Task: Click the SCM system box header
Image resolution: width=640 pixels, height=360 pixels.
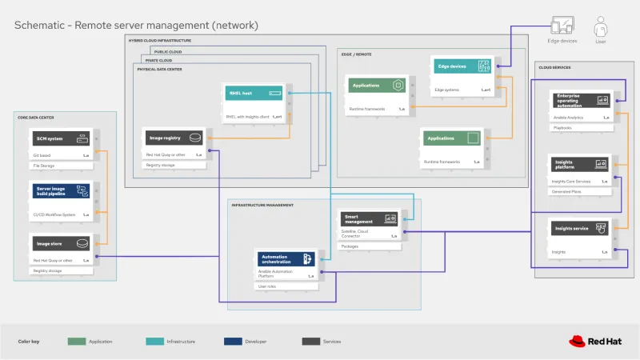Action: click(60, 138)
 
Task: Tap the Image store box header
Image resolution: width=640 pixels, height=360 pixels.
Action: click(60, 243)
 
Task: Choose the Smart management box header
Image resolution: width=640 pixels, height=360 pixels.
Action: click(369, 218)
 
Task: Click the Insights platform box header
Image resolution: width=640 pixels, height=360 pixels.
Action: click(580, 164)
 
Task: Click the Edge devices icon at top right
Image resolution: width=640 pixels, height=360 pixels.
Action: click(561, 26)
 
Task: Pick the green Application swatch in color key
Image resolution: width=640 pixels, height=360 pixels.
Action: click(77, 341)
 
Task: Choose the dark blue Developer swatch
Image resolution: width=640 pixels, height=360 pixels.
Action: click(233, 341)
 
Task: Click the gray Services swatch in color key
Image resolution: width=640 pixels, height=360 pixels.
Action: click(310, 341)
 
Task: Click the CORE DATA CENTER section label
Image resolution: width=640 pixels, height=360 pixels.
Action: click(36, 118)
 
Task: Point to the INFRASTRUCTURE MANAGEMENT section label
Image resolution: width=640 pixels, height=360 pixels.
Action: click(262, 205)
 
